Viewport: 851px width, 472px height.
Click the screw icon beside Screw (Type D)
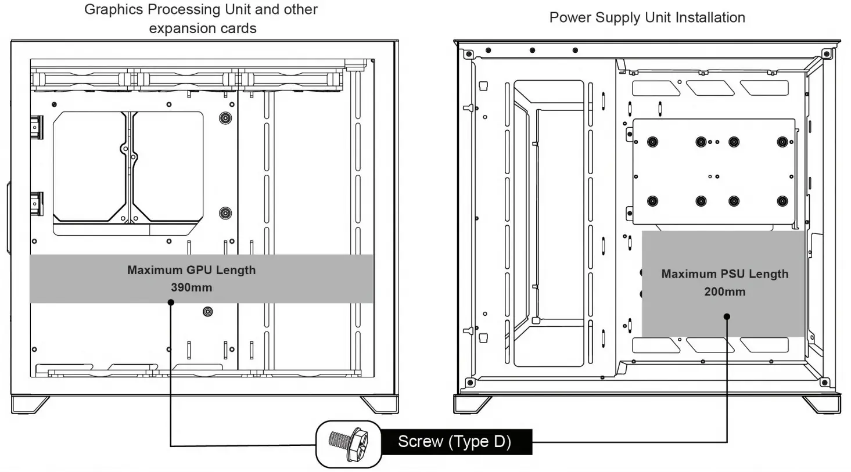[x=348, y=444]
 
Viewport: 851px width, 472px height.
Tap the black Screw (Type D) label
[x=455, y=442]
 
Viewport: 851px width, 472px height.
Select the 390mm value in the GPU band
[x=191, y=287]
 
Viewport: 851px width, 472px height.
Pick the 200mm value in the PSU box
[x=724, y=291]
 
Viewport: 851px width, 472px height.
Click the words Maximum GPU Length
[x=191, y=270]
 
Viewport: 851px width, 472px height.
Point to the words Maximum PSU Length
[x=724, y=274]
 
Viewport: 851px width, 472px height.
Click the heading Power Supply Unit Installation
[x=647, y=17]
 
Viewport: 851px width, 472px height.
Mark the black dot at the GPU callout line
[x=171, y=302]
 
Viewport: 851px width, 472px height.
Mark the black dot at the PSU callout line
[x=727, y=316]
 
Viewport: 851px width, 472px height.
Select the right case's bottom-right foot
[x=821, y=404]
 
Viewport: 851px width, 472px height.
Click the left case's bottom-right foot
[x=379, y=404]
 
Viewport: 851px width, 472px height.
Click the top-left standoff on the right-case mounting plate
[x=652, y=142]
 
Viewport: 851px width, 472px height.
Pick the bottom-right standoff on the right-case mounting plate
[x=782, y=201]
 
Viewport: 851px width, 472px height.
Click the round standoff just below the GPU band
[x=208, y=312]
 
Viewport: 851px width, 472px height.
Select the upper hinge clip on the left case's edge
[x=37, y=127]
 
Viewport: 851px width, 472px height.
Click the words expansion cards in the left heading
[x=203, y=28]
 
